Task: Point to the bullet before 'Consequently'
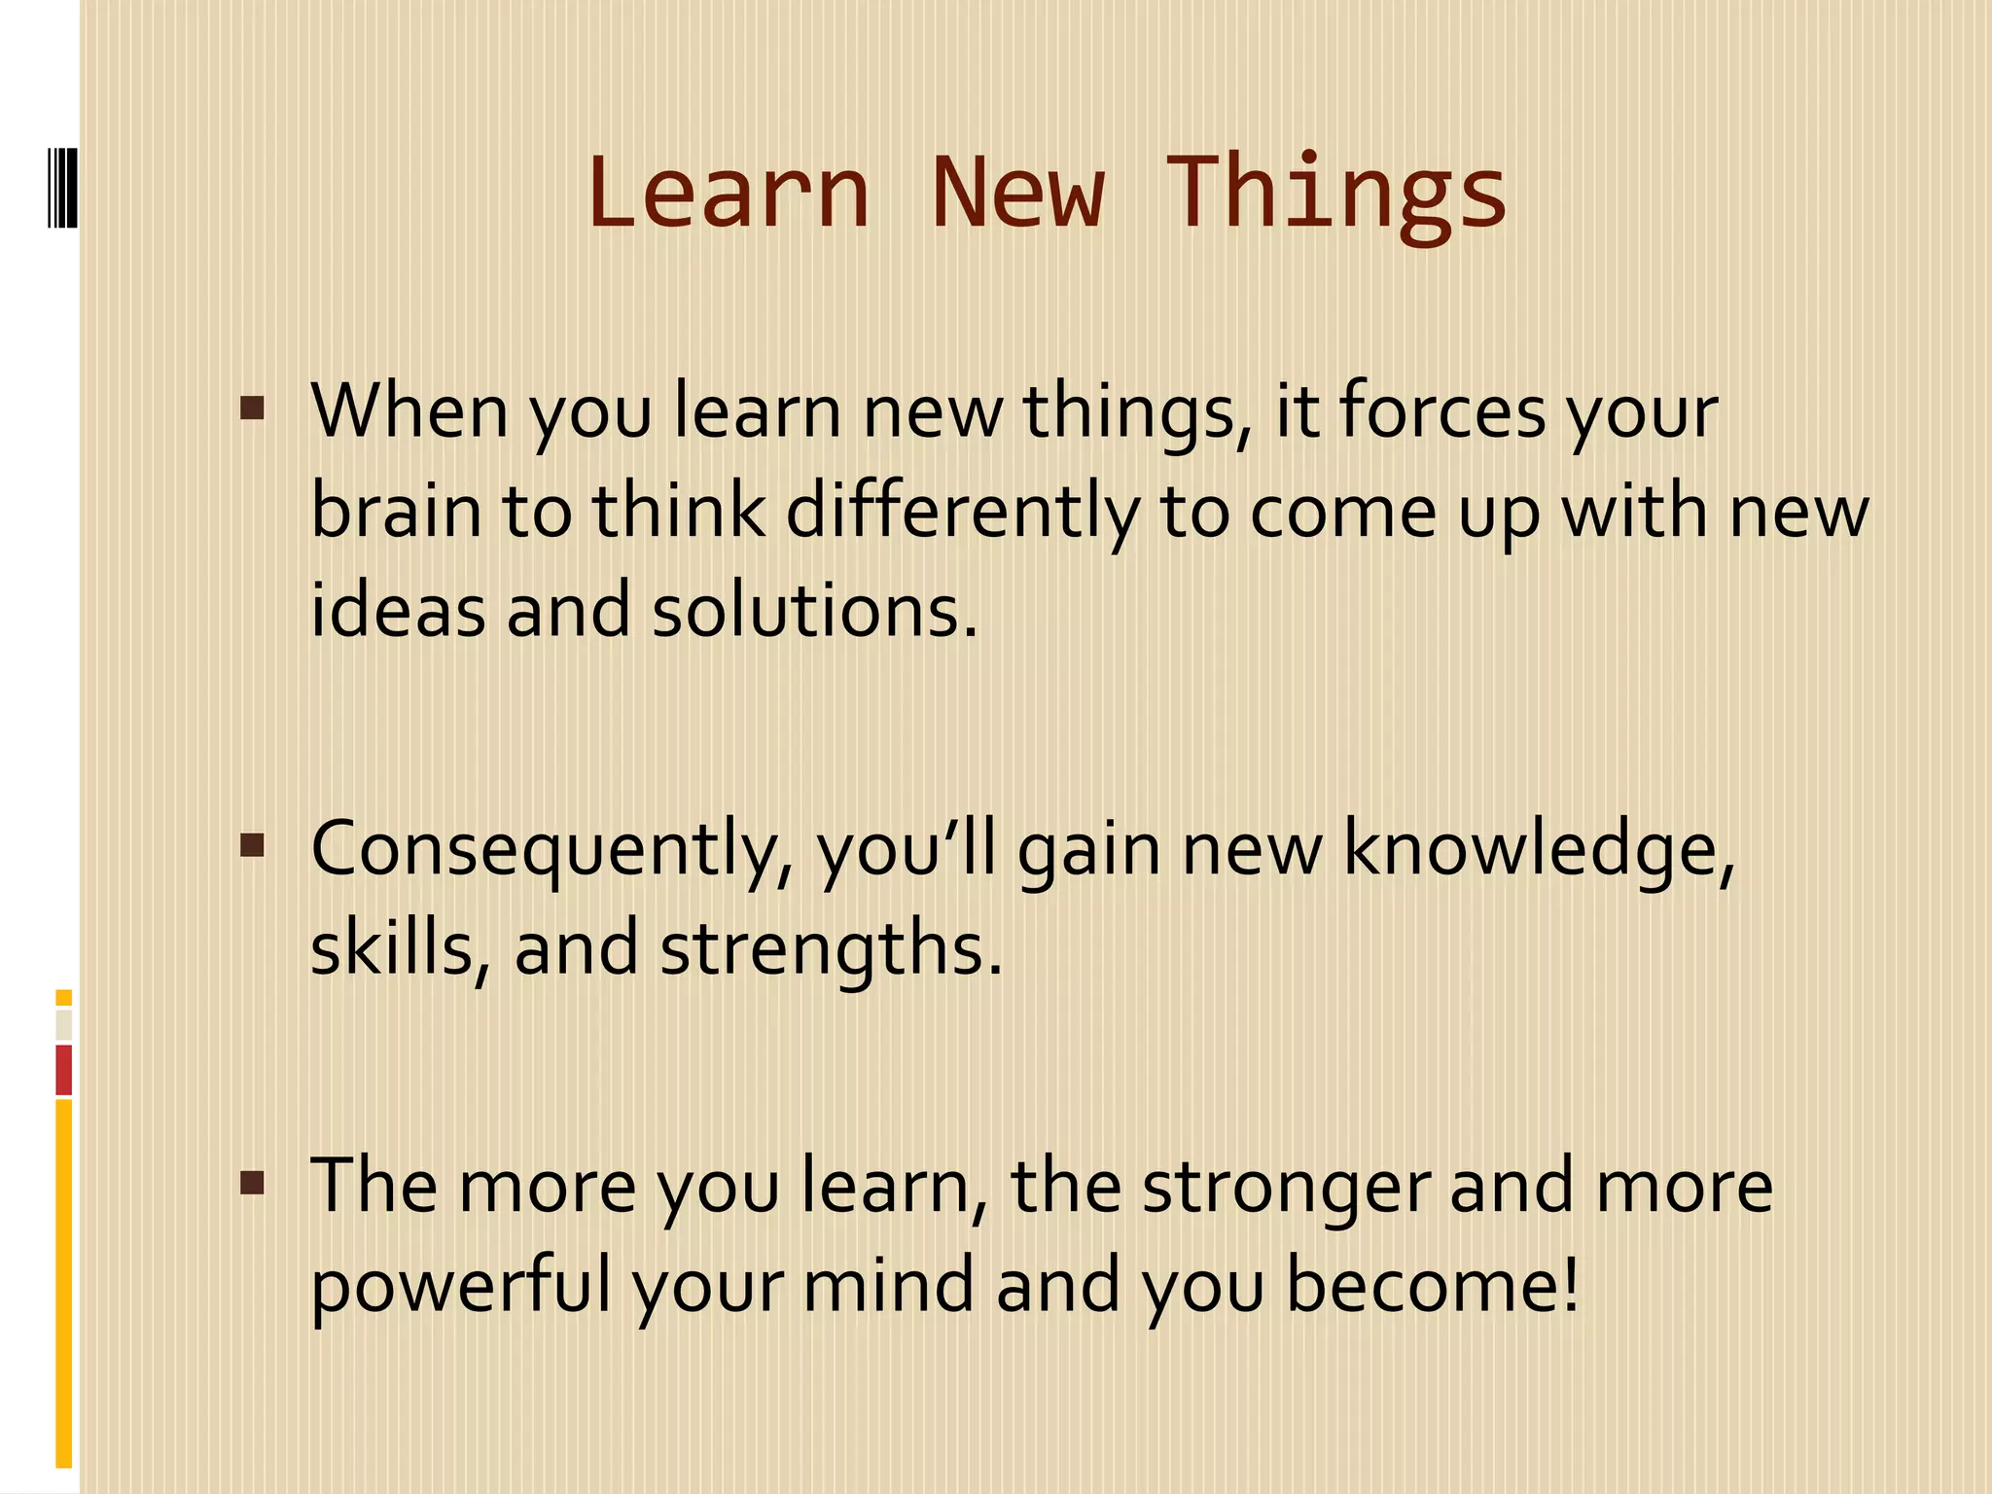(x=252, y=844)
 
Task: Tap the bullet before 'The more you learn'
(x=252, y=1183)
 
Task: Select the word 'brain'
(x=397, y=512)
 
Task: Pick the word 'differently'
(x=961, y=514)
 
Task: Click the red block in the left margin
(x=64, y=1070)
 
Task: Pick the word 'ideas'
(x=397, y=611)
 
